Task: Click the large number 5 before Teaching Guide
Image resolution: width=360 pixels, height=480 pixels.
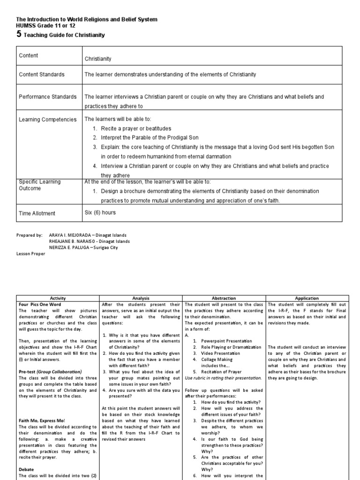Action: pos(19,34)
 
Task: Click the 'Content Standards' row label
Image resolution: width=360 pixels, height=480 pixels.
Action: pos(42,75)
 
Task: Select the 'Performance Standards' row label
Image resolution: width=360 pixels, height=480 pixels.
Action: pos(47,97)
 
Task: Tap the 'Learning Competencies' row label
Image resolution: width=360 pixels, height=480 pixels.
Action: pos(47,120)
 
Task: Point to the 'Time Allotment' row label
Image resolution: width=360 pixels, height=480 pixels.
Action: pos(37,213)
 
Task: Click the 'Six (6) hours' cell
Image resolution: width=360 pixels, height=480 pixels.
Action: pos(100,212)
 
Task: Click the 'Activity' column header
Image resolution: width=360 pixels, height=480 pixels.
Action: pos(58,298)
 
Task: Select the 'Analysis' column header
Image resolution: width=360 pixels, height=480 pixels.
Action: pos(141,298)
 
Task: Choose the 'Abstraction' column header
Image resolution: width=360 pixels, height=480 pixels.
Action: pos(225,298)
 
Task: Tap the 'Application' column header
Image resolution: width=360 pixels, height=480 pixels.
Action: pos(307,298)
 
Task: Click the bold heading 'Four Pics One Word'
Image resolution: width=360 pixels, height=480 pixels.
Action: pos(38,304)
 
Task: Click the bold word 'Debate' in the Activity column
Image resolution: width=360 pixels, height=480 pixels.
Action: pos(26,469)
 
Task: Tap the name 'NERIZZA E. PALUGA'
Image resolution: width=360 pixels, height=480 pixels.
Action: pos(73,247)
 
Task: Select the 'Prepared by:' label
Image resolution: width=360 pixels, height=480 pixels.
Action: pos(29,235)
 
